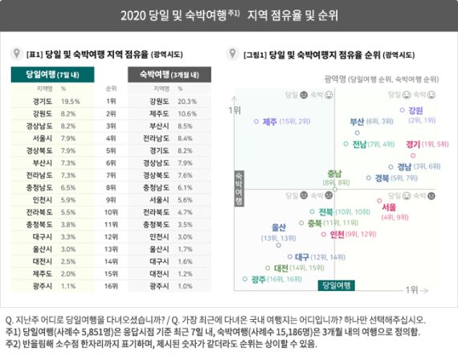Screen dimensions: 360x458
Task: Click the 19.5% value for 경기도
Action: pos(71,102)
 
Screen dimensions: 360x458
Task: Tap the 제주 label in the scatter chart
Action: pos(268,121)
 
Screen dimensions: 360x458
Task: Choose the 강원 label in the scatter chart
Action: pos(415,110)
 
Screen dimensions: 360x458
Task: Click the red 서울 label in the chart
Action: pos(411,207)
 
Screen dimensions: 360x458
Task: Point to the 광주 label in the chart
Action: pos(258,279)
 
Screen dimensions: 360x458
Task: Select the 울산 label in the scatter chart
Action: pos(279,227)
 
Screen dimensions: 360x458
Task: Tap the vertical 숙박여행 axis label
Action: pos(239,189)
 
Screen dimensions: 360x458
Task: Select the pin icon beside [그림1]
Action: pos(233,54)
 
